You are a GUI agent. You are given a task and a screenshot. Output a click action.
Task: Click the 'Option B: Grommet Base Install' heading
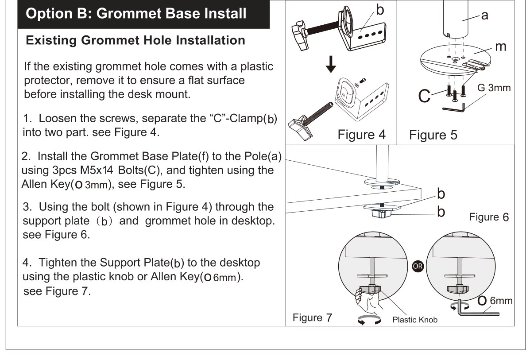click(136, 14)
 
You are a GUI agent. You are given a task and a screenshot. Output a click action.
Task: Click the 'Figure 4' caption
click(361, 135)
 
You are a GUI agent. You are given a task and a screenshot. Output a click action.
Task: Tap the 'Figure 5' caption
click(433, 135)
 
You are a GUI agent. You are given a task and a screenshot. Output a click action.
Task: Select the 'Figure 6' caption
click(489, 217)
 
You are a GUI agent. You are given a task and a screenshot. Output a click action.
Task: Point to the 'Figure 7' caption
click(312, 318)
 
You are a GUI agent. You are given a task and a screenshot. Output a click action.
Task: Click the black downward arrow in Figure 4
click(331, 64)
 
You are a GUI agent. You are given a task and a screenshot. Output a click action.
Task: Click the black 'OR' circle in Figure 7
click(418, 266)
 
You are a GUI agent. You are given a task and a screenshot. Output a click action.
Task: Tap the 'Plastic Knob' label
click(415, 320)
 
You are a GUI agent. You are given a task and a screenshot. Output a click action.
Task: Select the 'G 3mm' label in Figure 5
click(494, 88)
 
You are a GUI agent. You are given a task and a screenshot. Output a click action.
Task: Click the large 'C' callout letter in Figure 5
click(424, 96)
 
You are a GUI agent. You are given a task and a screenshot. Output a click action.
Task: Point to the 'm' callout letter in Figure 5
click(501, 46)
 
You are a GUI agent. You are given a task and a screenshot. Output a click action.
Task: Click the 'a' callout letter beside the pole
click(485, 15)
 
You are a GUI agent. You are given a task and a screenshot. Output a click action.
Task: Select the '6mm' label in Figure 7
click(501, 301)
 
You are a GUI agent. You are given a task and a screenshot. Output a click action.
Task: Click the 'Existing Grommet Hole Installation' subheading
click(135, 40)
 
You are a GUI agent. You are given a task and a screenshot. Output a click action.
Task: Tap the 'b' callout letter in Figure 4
click(380, 10)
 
